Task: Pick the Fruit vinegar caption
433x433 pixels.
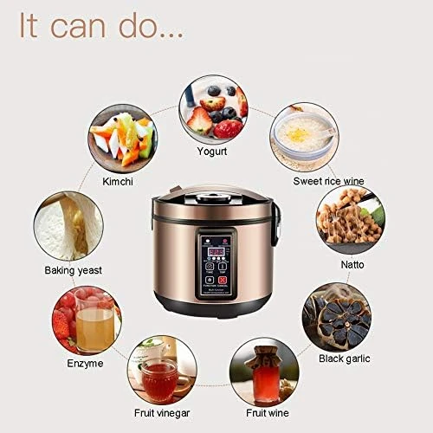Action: tap(161, 413)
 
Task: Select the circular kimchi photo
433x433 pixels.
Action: tap(122, 135)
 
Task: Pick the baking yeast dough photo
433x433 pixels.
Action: tap(65, 227)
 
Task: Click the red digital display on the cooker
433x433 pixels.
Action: tap(212, 250)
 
